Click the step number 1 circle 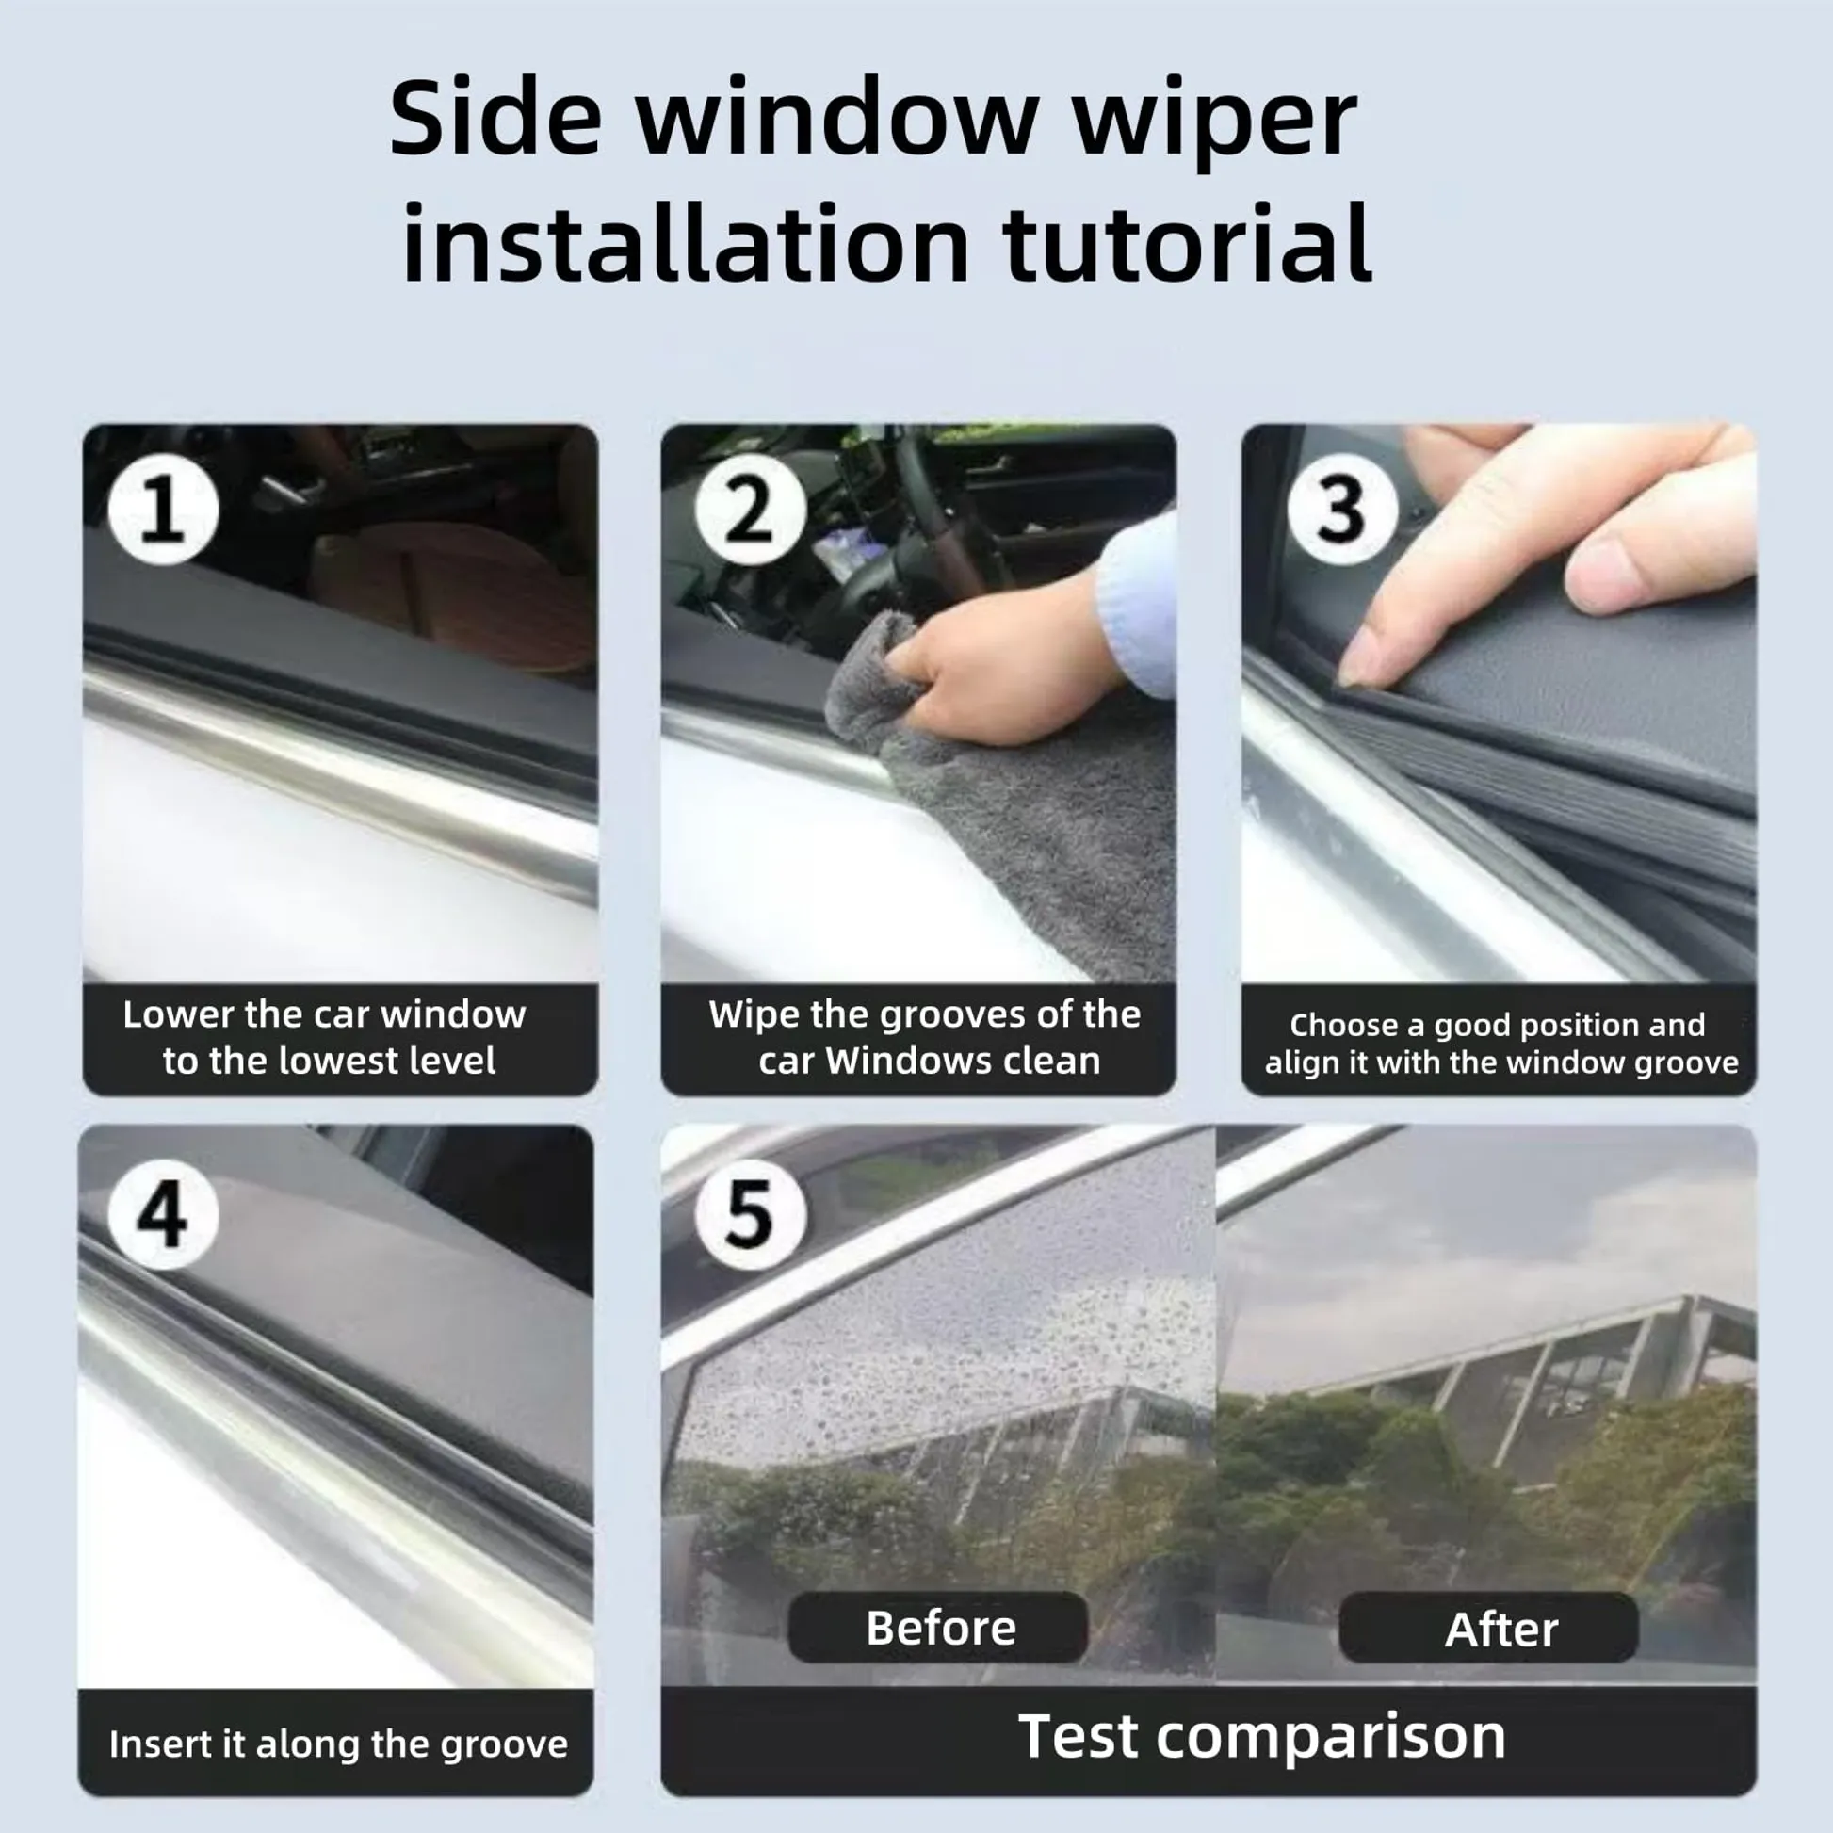click(163, 510)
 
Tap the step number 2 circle click(751, 510)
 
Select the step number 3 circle click(1341, 510)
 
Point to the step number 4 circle click(163, 1214)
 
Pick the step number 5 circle click(751, 1214)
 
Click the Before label click(939, 1628)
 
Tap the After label click(1500, 1629)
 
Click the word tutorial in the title click(1187, 243)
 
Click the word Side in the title click(495, 118)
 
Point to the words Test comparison click(1262, 1736)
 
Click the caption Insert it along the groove click(339, 1744)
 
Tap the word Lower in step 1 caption click(177, 1014)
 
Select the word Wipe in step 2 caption click(753, 1015)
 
